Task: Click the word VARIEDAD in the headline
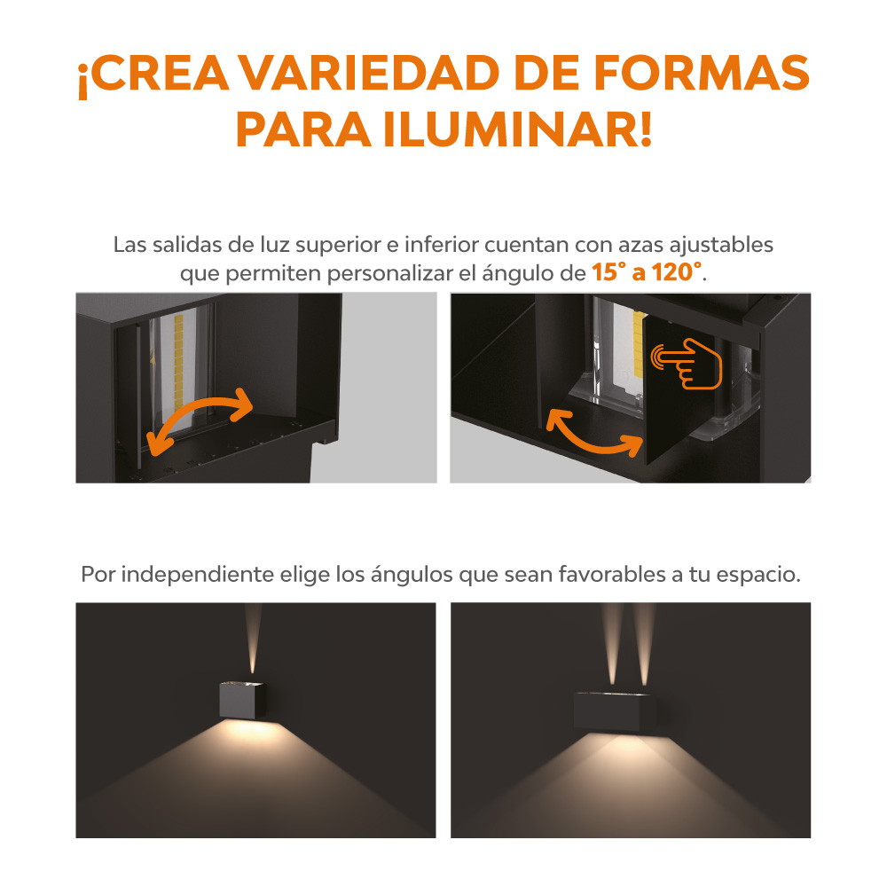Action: [371, 74]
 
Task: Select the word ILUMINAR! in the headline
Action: [518, 130]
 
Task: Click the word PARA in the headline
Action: [303, 130]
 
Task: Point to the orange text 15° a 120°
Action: [648, 272]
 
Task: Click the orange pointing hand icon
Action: [687, 364]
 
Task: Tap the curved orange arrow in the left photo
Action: [199, 408]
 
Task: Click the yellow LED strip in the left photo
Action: [179, 362]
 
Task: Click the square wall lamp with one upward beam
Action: [242, 701]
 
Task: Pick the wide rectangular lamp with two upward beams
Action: [615, 711]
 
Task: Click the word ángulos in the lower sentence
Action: [412, 576]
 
